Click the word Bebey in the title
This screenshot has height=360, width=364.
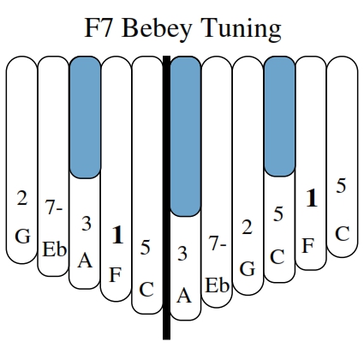pyautogui.click(x=157, y=28)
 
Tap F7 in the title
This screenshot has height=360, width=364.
pyautogui.click(x=98, y=27)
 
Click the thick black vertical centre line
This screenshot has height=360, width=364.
pyautogui.click(x=166, y=197)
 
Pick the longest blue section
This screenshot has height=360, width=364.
pyautogui.click(x=186, y=136)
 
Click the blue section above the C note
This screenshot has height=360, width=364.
pyautogui.click(x=280, y=117)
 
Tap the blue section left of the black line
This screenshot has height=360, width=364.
pyautogui.click(x=85, y=117)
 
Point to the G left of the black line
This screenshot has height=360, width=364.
pyautogui.click(x=22, y=237)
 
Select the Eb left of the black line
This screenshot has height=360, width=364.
pyautogui.click(x=54, y=249)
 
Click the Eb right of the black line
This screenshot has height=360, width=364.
pyautogui.click(x=217, y=285)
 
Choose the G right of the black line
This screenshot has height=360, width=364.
pyautogui.click(x=248, y=269)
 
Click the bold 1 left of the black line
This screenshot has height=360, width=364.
pyautogui.click(x=117, y=235)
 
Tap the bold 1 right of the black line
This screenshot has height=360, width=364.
pyautogui.click(x=312, y=198)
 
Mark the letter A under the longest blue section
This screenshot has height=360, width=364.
pyautogui.click(x=184, y=296)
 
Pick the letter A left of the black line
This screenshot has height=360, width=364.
pyautogui.click(x=85, y=261)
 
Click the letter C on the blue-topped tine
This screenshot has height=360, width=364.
pyautogui.click(x=277, y=256)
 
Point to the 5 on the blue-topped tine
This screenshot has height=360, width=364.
pyautogui.click(x=278, y=213)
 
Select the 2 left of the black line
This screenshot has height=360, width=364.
pyautogui.click(x=22, y=198)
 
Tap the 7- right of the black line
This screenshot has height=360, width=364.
pyautogui.click(x=218, y=244)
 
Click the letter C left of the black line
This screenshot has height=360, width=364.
pyautogui.click(x=146, y=290)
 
